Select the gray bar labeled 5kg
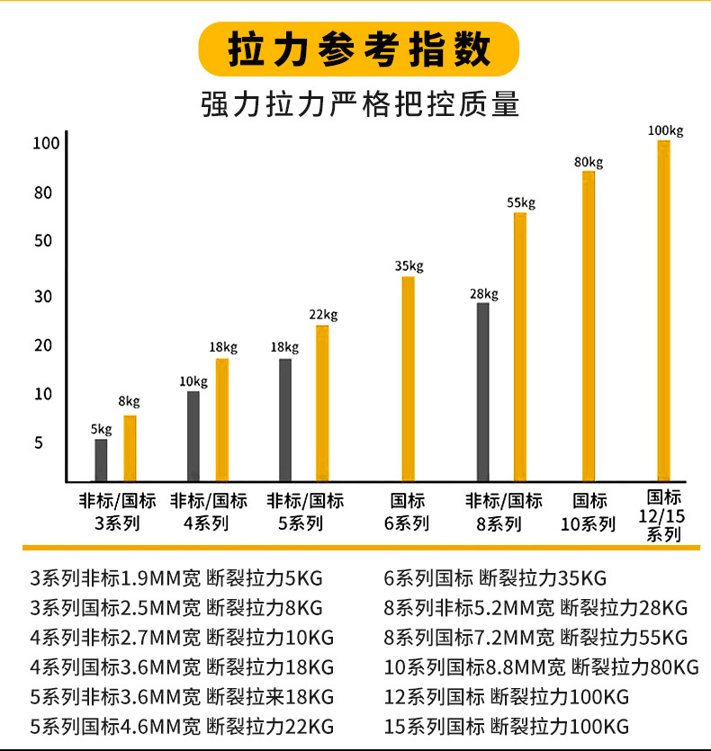[x=101, y=459]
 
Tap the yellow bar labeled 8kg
[x=130, y=447]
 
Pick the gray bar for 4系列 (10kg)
[x=193, y=435]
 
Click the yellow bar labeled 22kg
[x=322, y=402]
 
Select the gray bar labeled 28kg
[x=483, y=391]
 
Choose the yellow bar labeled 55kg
[x=520, y=346]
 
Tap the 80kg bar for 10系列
[x=589, y=326]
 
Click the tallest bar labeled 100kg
[x=664, y=310]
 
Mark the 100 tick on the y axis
[x=45, y=143]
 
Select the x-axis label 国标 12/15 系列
[x=664, y=516]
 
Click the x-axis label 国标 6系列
[x=408, y=512]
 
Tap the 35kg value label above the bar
[x=409, y=266]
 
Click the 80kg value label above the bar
[x=589, y=162]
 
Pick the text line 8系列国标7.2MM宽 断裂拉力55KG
[x=535, y=638]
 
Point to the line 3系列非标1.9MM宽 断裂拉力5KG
[x=176, y=577]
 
